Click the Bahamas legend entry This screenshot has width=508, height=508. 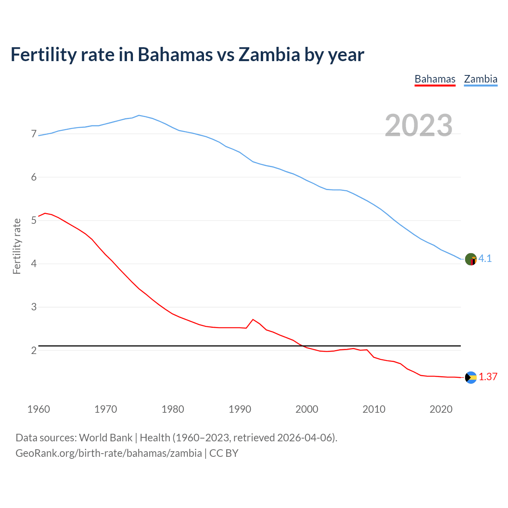435,79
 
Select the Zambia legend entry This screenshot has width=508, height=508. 481,79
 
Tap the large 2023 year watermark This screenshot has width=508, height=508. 419,125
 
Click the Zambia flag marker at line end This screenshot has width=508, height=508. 471,259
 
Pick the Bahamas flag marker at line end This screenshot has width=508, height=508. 471,377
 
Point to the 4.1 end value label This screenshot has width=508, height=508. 485,259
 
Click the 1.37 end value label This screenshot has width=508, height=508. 488,377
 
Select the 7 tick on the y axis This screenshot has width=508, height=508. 34,134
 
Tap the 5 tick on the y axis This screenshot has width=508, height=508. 34,220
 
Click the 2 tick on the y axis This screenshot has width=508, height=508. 34,350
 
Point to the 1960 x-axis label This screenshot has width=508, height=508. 38,409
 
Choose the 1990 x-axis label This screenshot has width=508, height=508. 240,409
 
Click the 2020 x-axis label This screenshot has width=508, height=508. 441,409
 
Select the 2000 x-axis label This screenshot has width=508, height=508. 307,409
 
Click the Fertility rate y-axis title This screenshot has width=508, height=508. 17,246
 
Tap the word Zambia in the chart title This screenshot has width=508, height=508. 269,54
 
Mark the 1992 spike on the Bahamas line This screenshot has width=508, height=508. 253,319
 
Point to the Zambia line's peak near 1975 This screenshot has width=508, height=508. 139,115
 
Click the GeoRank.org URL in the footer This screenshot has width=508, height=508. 108,453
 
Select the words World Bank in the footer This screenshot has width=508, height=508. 106,438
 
